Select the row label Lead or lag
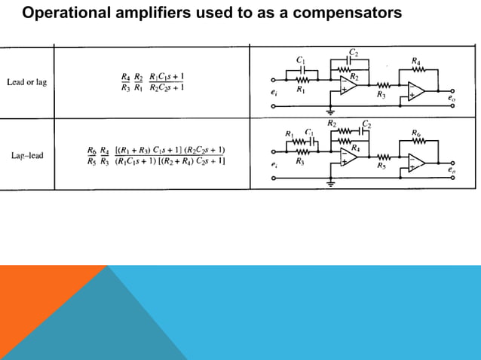(26, 82)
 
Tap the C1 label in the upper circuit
(301, 59)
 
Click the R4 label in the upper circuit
(416, 60)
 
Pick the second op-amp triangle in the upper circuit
(416, 91)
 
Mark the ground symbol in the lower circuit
(330, 182)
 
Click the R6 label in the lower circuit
(416, 133)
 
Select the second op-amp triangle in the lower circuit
(416, 163)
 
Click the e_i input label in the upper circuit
(274, 92)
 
